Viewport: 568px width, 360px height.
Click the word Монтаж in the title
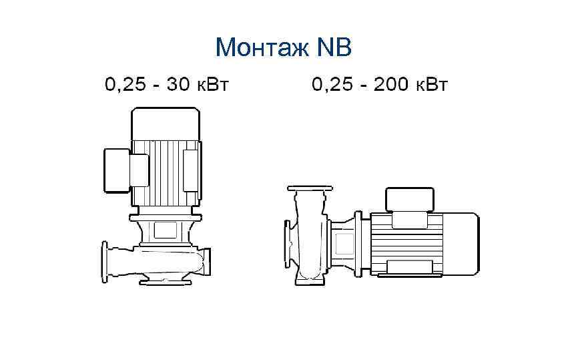[x=262, y=47]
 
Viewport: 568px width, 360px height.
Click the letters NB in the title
[x=334, y=47]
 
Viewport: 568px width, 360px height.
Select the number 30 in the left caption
[x=178, y=84]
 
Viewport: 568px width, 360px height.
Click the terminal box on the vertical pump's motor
[x=117, y=170]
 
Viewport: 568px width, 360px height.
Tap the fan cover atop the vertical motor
[x=165, y=124]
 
